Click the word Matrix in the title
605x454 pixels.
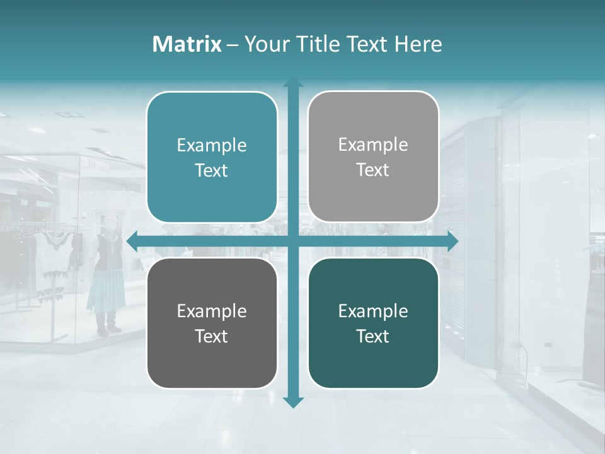point(187,44)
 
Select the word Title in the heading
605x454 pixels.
point(317,44)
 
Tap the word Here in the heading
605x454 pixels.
point(418,44)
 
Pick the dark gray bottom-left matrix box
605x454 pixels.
point(212,366)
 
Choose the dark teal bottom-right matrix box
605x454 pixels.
point(373,366)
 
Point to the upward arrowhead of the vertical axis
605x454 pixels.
point(293,84)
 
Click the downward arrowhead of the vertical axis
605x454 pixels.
point(293,402)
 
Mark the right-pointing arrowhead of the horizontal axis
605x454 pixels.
point(453,241)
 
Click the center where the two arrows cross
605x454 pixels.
point(293,241)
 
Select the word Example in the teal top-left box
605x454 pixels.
point(212,146)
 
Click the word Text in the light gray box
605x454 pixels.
point(373,170)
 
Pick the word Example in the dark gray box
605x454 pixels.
point(212,311)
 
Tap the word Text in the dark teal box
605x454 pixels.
point(373,336)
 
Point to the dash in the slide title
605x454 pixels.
point(233,45)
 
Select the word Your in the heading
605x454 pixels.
point(263,44)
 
